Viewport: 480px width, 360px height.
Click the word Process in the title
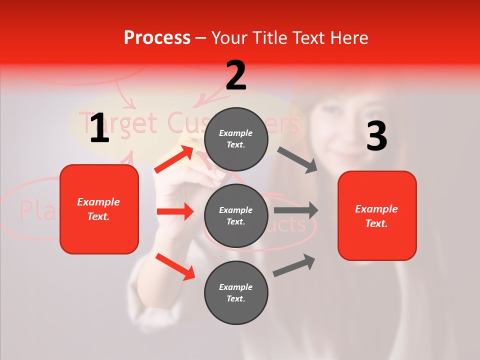(x=157, y=37)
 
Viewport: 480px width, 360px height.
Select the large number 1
(x=99, y=128)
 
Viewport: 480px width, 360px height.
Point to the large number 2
(x=236, y=75)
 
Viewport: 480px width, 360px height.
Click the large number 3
(x=376, y=136)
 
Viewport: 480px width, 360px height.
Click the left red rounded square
(x=99, y=209)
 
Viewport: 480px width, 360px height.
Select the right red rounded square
(x=377, y=215)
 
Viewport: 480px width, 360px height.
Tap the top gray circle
(x=236, y=139)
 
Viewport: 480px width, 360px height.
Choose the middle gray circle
(x=236, y=215)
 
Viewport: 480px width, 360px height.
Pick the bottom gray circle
(x=236, y=292)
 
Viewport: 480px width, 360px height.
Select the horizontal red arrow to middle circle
(x=175, y=211)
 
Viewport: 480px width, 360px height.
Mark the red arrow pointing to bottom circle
(x=175, y=266)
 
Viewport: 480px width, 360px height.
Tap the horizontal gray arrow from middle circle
(x=296, y=210)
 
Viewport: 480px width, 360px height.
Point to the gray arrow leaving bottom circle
(x=294, y=265)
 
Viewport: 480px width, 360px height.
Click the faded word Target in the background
(x=118, y=123)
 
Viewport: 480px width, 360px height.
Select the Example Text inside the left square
(x=98, y=209)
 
